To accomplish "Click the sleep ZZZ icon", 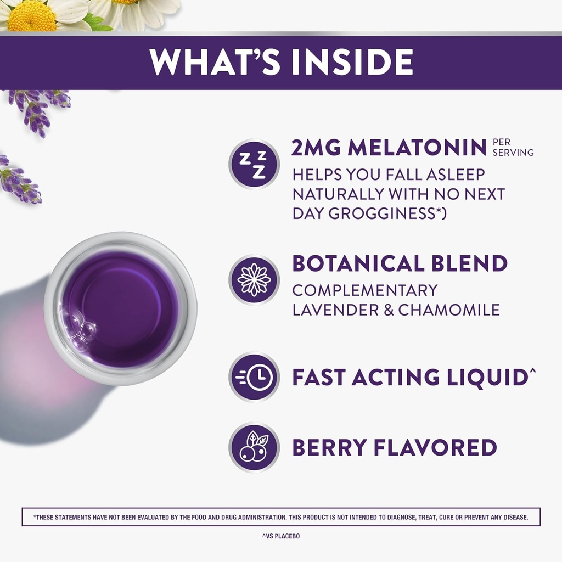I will pyautogui.click(x=254, y=164).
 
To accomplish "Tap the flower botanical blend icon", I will pyautogui.click(x=254, y=280).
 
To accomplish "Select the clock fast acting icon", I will pyautogui.click(x=254, y=377).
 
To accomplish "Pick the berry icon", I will pyautogui.click(x=254, y=447).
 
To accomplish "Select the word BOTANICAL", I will pyautogui.click(x=358, y=263).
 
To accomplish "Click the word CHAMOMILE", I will pyautogui.click(x=449, y=310).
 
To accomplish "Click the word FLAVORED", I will pyautogui.click(x=435, y=447).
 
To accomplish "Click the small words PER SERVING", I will pyautogui.click(x=513, y=147).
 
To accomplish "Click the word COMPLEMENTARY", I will pyautogui.click(x=365, y=290).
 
